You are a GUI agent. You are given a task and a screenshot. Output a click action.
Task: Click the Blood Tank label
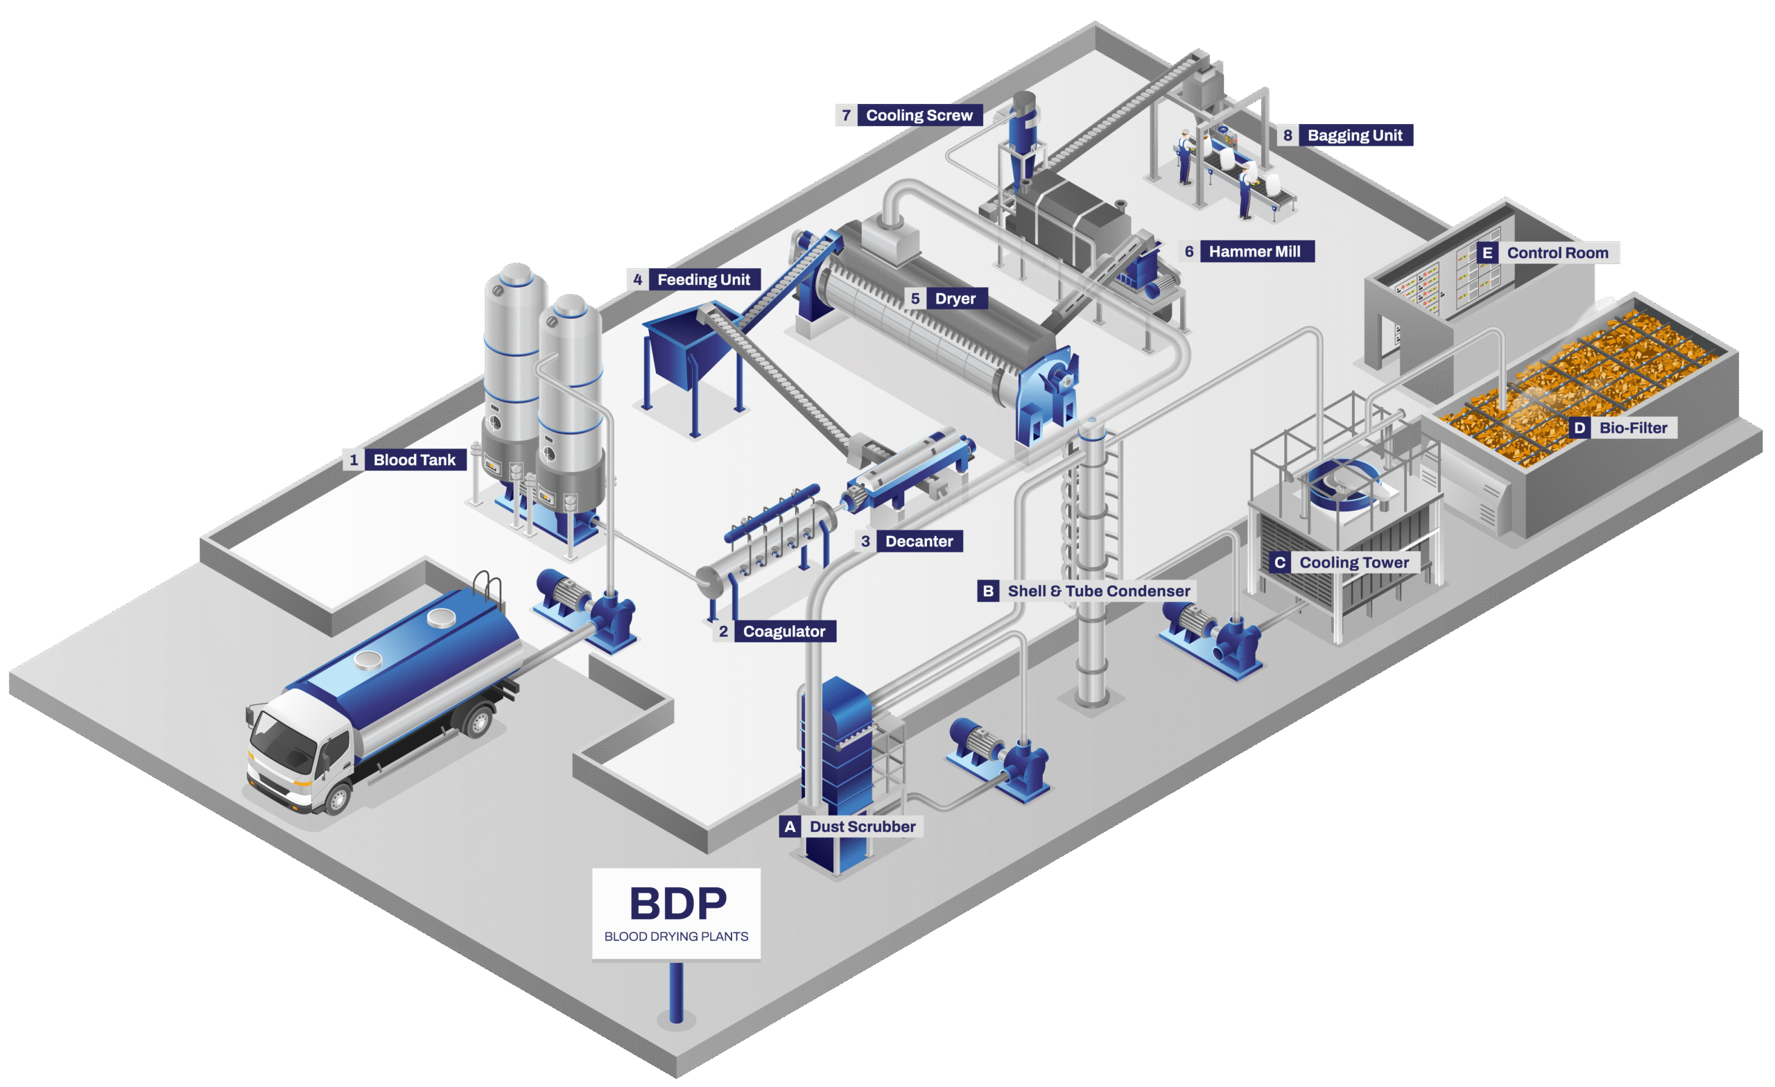pyautogui.click(x=414, y=460)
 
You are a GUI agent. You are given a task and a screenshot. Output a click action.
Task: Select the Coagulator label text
pyautogui.click(x=783, y=631)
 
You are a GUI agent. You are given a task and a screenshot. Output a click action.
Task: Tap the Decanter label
pyautogui.click(x=919, y=541)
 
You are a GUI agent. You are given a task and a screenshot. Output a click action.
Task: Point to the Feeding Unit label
pyautogui.click(x=703, y=279)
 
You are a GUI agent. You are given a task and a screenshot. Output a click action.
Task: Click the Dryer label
pyautogui.click(x=955, y=298)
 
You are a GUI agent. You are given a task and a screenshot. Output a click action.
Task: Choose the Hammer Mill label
pyautogui.click(x=1254, y=252)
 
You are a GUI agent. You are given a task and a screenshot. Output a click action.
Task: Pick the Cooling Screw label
pyautogui.click(x=919, y=115)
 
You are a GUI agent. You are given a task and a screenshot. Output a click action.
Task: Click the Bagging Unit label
pyautogui.click(x=1354, y=135)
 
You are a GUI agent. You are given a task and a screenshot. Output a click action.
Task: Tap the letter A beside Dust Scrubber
pyautogui.click(x=790, y=826)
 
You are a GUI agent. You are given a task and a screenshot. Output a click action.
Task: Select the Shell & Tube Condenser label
pyautogui.click(x=1098, y=591)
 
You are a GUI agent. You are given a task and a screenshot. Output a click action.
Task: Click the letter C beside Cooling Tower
pyautogui.click(x=1279, y=563)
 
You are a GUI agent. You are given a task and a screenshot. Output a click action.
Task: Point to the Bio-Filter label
pyautogui.click(x=1633, y=428)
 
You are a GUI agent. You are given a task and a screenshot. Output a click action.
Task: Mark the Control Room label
pyautogui.click(x=1557, y=253)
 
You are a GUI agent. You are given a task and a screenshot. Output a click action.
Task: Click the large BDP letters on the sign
pyautogui.click(x=678, y=903)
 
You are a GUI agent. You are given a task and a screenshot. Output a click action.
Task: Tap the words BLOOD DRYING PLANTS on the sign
pyautogui.click(x=676, y=937)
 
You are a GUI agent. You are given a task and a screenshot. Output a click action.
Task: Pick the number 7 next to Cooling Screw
pyautogui.click(x=847, y=115)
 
